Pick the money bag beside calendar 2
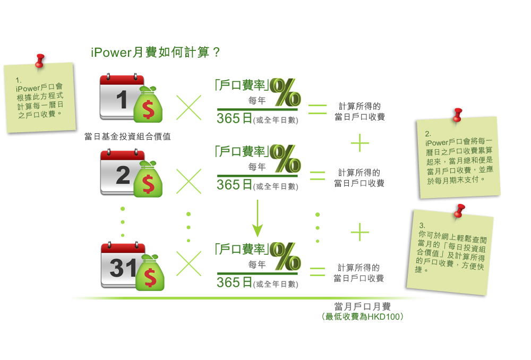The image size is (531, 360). (148, 179)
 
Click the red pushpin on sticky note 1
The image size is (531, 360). (39, 59)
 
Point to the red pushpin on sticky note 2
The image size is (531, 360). (457, 114)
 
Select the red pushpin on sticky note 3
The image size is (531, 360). (459, 210)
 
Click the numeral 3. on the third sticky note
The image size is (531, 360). (422, 225)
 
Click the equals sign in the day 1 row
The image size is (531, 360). (318, 109)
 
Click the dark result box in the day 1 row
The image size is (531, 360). (359, 111)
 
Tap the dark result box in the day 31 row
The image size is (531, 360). (359, 272)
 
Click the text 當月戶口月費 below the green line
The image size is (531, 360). (363, 306)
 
